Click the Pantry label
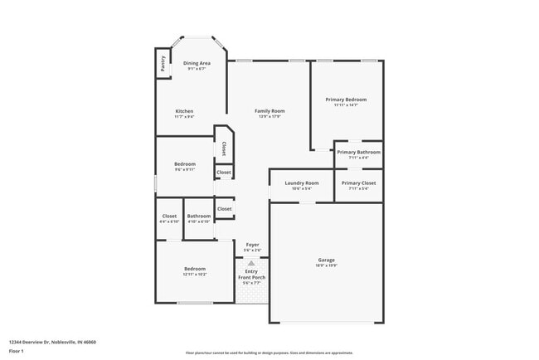163,64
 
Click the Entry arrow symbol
251,261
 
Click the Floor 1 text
17,351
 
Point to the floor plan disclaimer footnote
269,352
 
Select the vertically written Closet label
224,148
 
